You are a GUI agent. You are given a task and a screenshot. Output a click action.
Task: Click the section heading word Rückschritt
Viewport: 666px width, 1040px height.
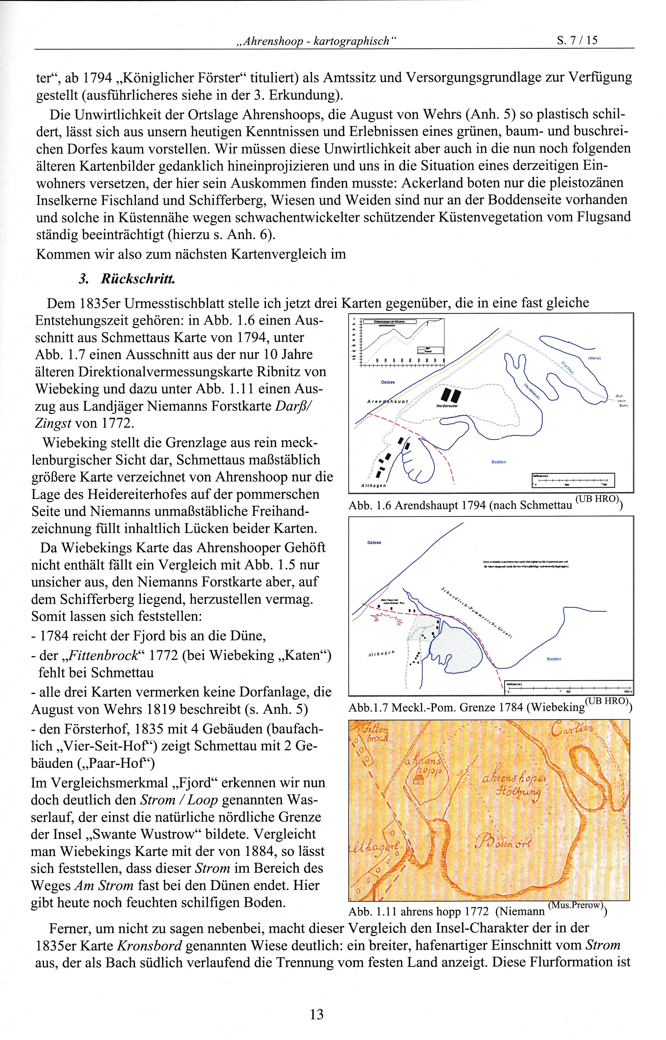point(137,279)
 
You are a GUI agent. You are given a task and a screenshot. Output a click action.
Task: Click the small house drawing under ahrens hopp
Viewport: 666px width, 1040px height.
point(418,780)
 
